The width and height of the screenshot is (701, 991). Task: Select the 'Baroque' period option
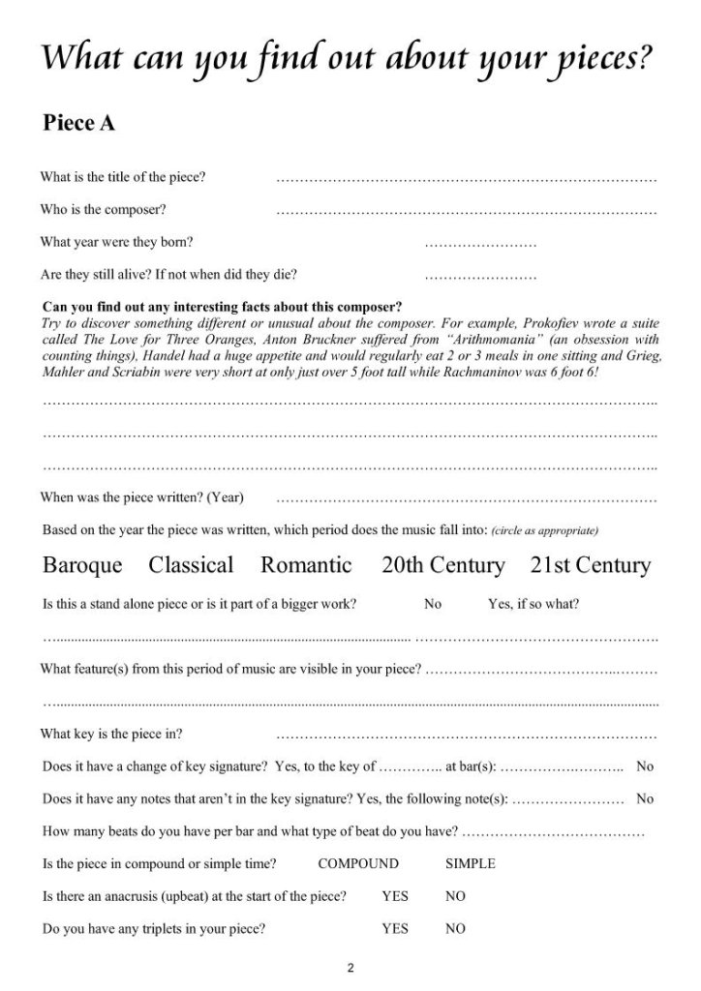pos(83,565)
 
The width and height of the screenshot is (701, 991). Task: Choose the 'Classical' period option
pos(191,565)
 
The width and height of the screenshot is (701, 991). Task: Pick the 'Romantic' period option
pos(305,565)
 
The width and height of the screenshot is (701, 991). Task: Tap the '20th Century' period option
pos(442,565)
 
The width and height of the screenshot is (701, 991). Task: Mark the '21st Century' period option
pos(590,565)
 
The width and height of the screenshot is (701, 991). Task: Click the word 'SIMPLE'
pos(470,863)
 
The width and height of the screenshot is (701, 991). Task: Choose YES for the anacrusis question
pos(395,896)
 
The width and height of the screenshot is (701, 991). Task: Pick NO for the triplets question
pos(455,929)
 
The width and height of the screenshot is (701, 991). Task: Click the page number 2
pos(350,967)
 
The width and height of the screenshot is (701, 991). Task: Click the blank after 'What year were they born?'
pos(480,244)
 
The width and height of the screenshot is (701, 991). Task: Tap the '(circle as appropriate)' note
pos(545,531)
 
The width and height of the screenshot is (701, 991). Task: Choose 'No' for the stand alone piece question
pos(433,604)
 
